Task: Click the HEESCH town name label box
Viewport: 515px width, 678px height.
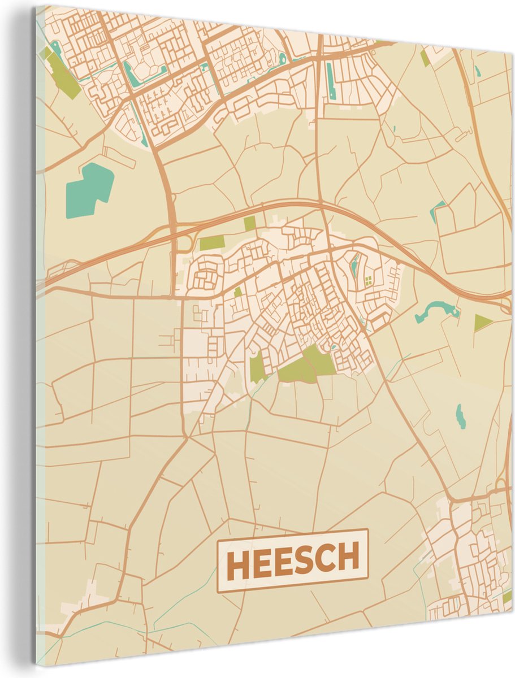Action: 293,560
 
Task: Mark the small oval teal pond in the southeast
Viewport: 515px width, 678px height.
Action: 461,416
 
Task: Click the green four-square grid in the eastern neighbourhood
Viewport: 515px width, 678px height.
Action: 369,281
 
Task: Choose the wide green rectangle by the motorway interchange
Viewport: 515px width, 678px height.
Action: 211,244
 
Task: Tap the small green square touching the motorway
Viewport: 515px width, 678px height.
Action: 249,223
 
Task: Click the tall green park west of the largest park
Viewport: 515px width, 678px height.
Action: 257,367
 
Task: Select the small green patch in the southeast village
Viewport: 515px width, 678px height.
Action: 507,596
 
